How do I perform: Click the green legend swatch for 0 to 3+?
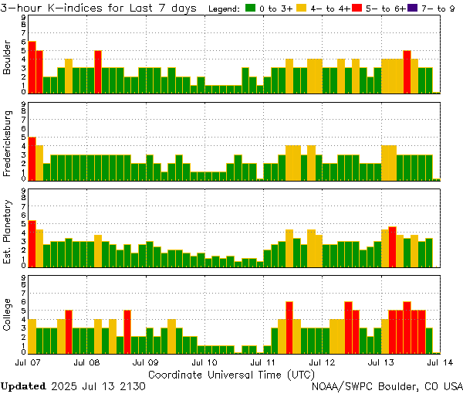pyautogui.click(x=251, y=8)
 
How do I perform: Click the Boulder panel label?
pyautogui.click(x=8, y=58)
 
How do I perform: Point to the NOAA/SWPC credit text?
pyautogui.click(x=386, y=386)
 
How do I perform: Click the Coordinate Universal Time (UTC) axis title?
pyautogui.click(x=231, y=374)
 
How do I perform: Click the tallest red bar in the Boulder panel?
pyautogui.click(x=32, y=66)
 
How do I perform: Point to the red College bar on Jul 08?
pyautogui.click(x=127, y=331)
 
